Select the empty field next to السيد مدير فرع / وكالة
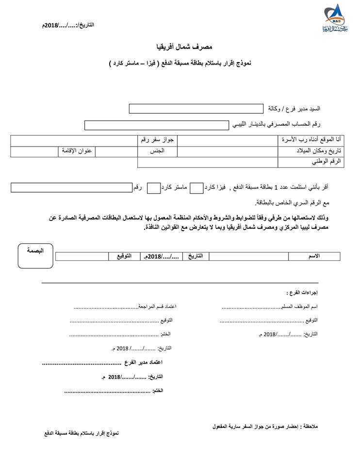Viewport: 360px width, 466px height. pos(195,108)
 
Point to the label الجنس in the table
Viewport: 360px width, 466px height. pos(157,151)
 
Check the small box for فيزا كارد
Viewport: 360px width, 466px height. pos(196,187)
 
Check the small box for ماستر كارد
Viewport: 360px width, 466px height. pos(153,187)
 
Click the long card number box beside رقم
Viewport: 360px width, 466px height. pos(71,187)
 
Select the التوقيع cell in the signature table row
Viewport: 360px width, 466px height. pos(123,255)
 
